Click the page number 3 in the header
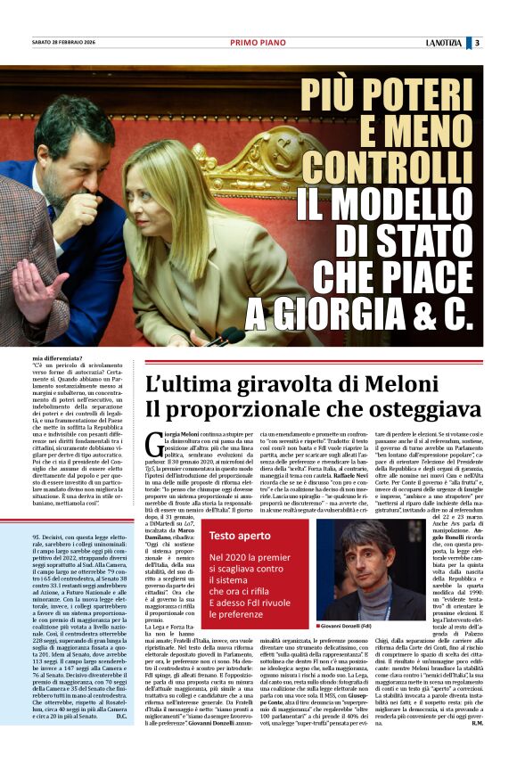click(x=477, y=43)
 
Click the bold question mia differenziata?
click(x=63, y=357)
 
